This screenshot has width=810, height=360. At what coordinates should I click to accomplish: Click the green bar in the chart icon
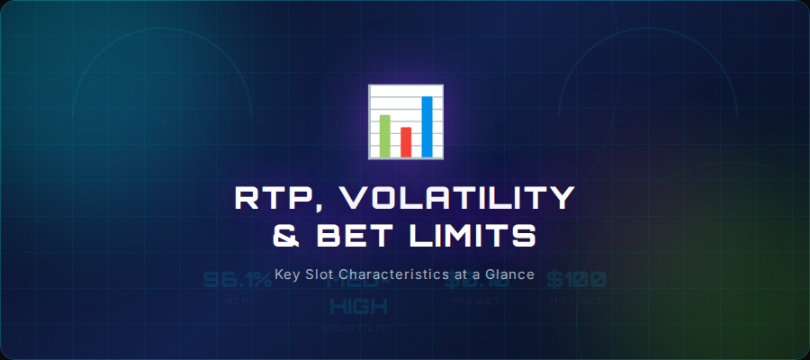pos(385,134)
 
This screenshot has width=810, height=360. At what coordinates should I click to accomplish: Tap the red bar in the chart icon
pos(406,141)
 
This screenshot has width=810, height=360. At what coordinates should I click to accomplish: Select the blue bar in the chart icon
pos(427,125)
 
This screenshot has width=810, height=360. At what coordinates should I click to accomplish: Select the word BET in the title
pos(356,237)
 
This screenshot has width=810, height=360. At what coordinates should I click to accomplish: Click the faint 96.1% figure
pos(237,280)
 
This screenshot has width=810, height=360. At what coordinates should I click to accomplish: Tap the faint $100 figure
pos(576,280)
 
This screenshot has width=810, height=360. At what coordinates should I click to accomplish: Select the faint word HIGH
pos(358,306)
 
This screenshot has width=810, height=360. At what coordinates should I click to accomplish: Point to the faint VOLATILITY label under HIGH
pos(358,328)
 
